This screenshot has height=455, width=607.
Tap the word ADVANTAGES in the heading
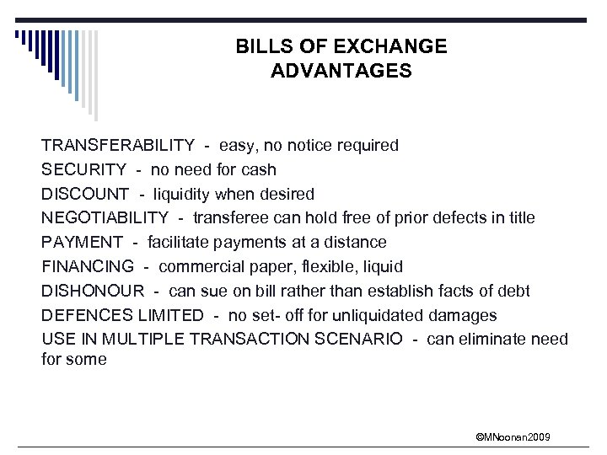341,71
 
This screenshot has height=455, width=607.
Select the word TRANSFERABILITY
118,146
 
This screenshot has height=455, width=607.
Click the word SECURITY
84,170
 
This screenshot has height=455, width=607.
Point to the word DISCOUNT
85,195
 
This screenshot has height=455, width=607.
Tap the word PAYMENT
83,243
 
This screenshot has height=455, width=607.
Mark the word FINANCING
88,267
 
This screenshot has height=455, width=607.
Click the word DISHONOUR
92,292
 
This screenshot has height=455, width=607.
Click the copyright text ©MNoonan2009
513,436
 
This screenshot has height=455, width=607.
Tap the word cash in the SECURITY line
260,170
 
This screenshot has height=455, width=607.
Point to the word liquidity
182,195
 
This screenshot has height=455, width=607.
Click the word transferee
231,218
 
